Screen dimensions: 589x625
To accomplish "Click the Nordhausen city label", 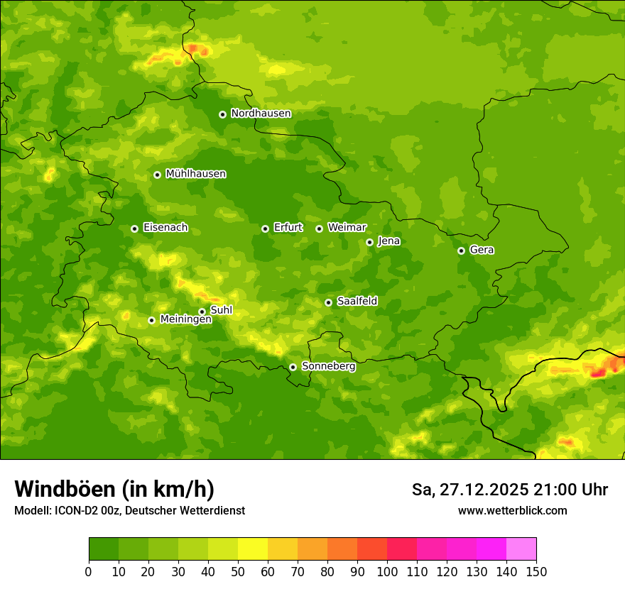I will point(261,114).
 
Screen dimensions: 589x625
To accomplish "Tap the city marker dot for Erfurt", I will point(265,229).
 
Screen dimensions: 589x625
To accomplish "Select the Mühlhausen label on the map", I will point(195,174).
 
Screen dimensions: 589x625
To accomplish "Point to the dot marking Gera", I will point(461,251).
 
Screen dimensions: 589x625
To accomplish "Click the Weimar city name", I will point(347,228).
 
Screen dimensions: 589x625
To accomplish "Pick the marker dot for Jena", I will point(369,242).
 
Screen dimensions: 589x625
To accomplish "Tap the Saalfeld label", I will point(357,302).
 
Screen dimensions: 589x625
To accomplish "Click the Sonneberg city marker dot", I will point(293,367).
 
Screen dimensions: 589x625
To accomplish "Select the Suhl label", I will point(221,310).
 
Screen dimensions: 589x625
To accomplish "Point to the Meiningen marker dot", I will point(151,320).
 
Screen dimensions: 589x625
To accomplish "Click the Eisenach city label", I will point(165,228).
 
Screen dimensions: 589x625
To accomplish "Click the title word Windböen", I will point(65,489).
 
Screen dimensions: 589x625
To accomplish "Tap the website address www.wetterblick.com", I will point(512,510).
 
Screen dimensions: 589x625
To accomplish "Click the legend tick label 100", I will point(387,571).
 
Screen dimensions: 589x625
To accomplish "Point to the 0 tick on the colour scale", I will point(89,571).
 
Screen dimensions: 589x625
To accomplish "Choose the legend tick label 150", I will point(536,571).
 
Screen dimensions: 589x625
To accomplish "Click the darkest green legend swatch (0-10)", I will point(104,549).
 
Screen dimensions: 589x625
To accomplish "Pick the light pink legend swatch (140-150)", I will point(521,549).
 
